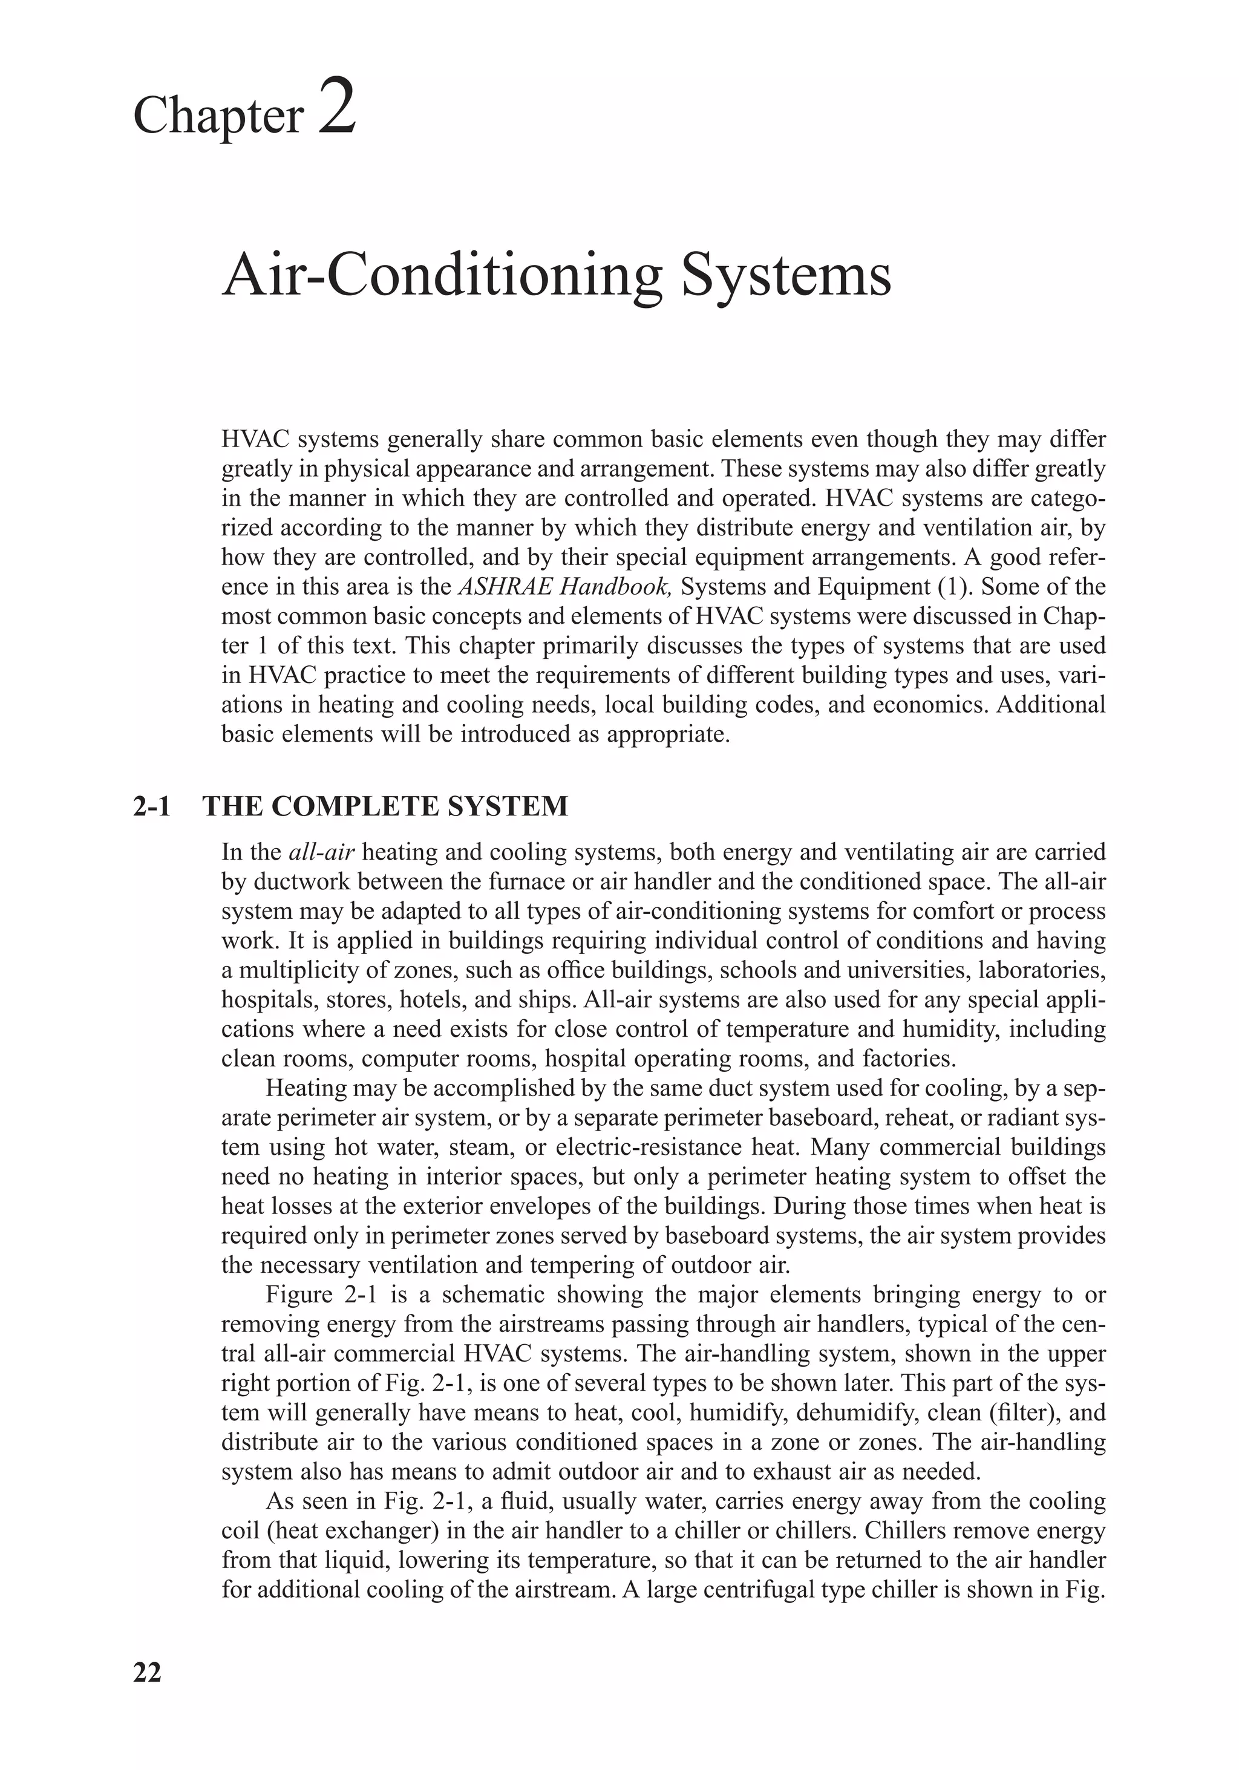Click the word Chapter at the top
[219, 116]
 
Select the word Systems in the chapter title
[786, 275]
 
